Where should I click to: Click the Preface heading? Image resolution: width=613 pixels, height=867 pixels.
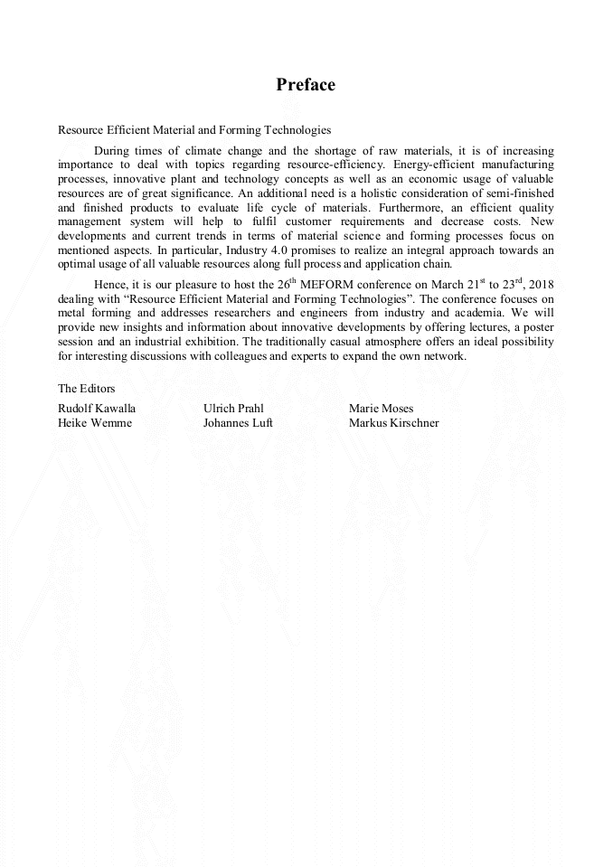(x=306, y=85)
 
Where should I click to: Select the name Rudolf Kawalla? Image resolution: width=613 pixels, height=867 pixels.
(x=97, y=409)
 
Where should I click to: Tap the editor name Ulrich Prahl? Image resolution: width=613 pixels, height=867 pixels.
(x=233, y=409)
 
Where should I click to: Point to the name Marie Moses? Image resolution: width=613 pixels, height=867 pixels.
(x=381, y=409)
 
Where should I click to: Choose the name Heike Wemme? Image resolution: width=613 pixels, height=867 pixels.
(x=94, y=423)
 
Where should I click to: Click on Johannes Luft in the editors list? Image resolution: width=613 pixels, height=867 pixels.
(x=238, y=423)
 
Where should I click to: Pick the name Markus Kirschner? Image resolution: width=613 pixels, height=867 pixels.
(x=393, y=423)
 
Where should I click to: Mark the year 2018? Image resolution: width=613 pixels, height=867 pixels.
(x=540, y=284)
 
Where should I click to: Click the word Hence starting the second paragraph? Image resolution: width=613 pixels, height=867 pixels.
(x=109, y=284)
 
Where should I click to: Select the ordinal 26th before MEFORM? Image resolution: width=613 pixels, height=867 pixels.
(x=284, y=283)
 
